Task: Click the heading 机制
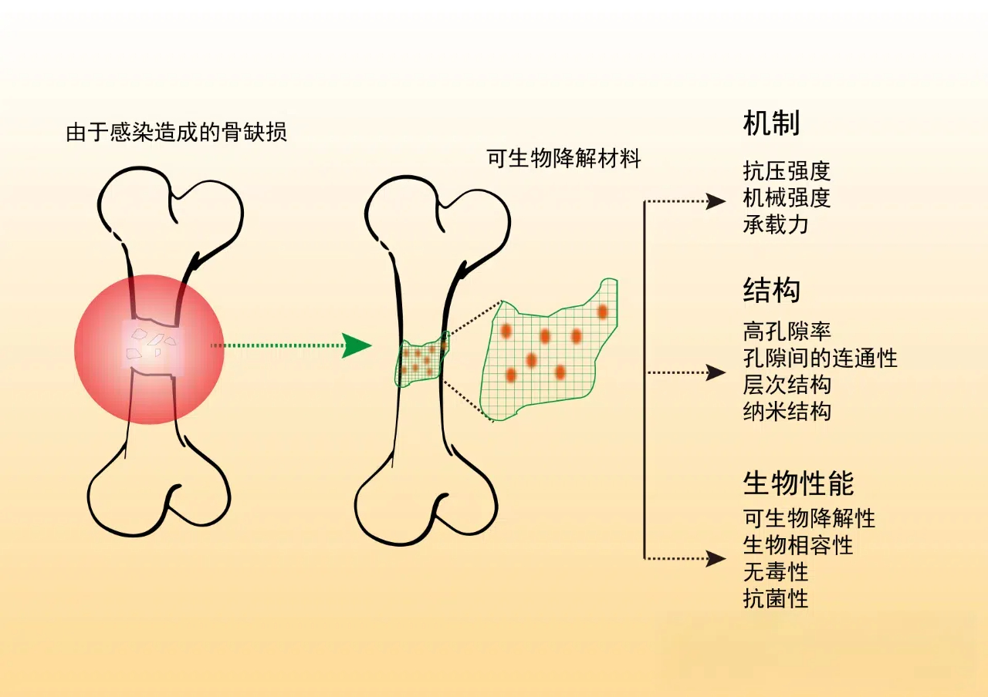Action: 771,123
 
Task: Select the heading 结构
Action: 771,291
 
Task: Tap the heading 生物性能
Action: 798,483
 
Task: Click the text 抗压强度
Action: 787,171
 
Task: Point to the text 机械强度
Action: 787,198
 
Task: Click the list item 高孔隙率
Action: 787,332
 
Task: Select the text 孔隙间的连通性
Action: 820,358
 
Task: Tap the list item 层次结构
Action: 787,384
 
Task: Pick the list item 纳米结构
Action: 787,410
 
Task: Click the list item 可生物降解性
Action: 809,518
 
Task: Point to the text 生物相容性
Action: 798,545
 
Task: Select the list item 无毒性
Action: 776,572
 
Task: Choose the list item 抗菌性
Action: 776,598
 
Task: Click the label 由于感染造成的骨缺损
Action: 177,133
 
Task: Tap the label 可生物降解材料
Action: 564,159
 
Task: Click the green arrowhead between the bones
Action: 357,345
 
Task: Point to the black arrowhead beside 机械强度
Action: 716,202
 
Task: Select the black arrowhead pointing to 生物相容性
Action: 716,557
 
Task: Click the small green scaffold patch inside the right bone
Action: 421,360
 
